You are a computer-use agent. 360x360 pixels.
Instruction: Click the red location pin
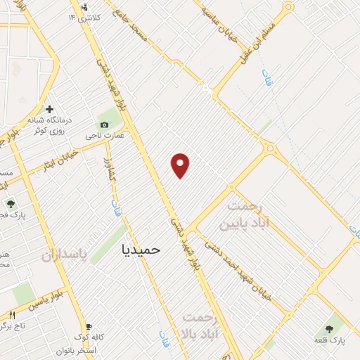181,165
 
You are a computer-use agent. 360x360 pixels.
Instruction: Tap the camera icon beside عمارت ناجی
105,124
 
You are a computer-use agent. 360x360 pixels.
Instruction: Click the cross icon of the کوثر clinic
49,109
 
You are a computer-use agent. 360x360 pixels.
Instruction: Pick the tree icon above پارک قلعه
328,329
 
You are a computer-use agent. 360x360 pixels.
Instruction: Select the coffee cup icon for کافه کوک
89,327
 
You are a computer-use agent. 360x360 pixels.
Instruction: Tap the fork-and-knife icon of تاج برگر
11,314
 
